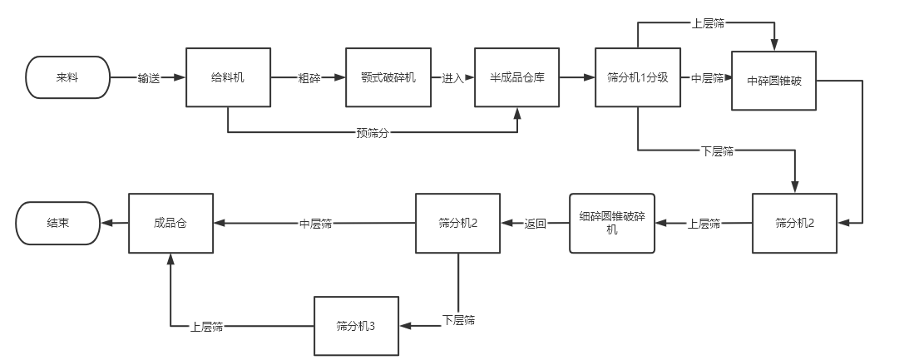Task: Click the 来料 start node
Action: [x=68, y=76]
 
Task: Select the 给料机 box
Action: [x=228, y=77]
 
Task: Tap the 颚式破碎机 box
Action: [x=388, y=77]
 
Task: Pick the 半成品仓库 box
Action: [x=516, y=77]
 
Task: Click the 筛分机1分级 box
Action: [x=638, y=77]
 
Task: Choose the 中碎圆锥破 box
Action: [x=773, y=81]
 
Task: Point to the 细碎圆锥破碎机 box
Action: [x=612, y=223]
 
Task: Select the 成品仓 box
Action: [x=171, y=223]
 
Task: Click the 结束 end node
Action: [x=58, y=223]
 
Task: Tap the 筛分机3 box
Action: [x=356, y=325]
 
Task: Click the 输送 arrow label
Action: [x=149, y=78]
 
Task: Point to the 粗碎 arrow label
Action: [x=309, y=78]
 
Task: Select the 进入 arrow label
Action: [x=452, y=78]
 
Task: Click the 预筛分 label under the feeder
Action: [x=372, y=133]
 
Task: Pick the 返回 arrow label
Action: [x=536, y=224]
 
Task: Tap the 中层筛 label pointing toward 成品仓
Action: [x=316, y=224]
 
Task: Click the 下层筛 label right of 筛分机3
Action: [x=458, y=320]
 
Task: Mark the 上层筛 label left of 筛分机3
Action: [x=206, y=325]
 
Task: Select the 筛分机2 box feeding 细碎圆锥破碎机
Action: [x=795, y=223]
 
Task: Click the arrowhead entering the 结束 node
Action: [x=106, y=223]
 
